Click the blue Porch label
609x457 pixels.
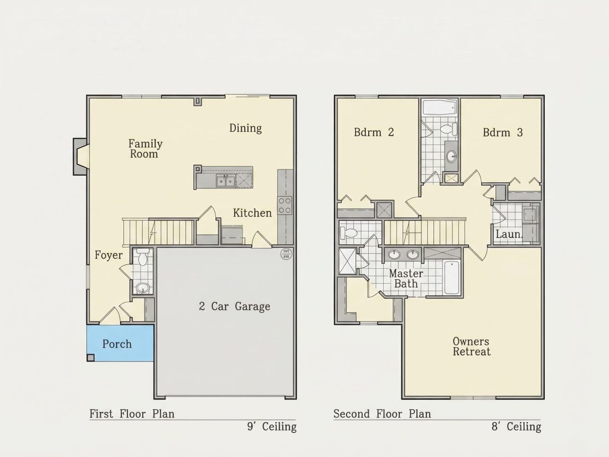(117, 345)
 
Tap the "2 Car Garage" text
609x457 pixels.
(234, 307)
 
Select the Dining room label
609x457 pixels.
(245, 129)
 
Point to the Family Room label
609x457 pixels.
(145, 149)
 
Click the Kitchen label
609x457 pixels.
(252, 213)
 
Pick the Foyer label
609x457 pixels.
(109, 256)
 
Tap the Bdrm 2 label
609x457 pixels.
(374, 132)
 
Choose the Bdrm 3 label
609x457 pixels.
(503, 133)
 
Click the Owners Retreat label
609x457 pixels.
(472, 347)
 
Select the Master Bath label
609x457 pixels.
(406, 279)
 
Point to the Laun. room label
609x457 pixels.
(509, 234)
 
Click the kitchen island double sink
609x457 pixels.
(225, 181)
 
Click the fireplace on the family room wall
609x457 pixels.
(80, 157)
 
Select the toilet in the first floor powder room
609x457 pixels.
(143, 258)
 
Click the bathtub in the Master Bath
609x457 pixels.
(452, 278)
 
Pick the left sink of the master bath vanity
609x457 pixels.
(395, 255)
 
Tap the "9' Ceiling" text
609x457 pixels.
(272, 427)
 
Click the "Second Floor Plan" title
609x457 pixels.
(382, 414)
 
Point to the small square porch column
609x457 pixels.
(90, 358)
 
